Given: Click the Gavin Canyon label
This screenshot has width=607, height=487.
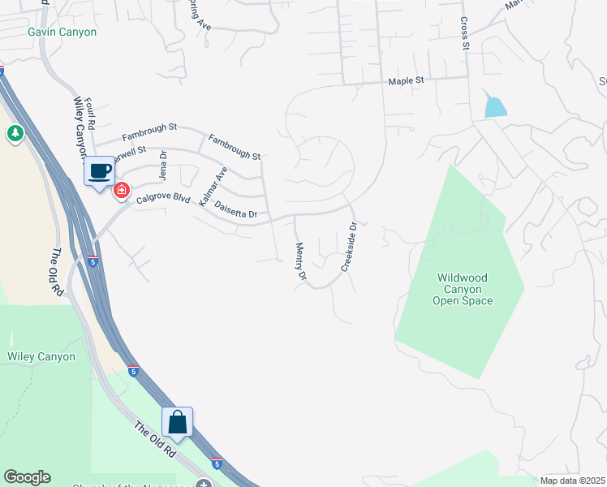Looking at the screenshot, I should (x=62, y=32).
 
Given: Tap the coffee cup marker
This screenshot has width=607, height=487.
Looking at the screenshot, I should (x=100, y=171).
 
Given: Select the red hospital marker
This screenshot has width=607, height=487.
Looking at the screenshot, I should (x=122, y=191).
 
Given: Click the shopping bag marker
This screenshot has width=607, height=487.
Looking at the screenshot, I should (x=178, y=422).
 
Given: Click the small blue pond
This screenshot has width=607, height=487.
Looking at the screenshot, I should (x=494, y=106).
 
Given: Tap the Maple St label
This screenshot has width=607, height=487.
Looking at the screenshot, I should (x=407, y=81).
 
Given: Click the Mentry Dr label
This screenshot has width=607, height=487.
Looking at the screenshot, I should (x=300, y=262).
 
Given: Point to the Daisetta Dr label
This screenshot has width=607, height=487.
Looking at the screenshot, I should (x=236, y=209).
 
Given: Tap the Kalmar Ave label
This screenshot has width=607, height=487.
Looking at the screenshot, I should (x=213, y=186).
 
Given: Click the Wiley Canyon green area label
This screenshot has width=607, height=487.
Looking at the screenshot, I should (x=41, y=356).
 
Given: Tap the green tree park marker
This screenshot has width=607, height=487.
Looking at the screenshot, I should (x=15, y=134).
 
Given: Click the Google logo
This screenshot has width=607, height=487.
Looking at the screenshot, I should (x=27, y=477).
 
